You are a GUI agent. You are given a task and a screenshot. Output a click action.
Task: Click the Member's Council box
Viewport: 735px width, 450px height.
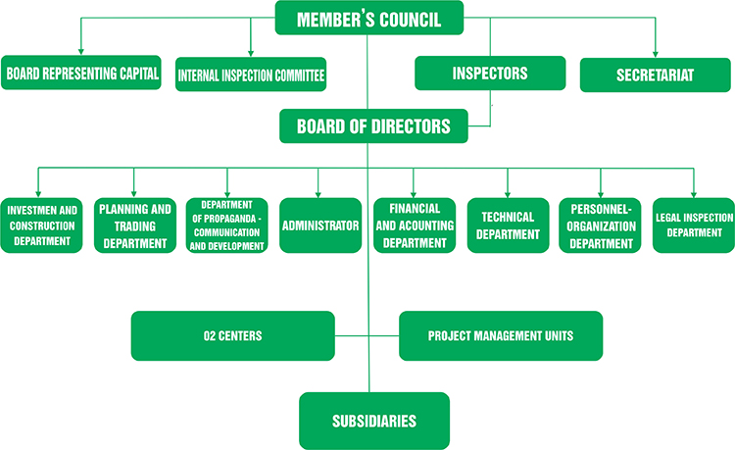368,19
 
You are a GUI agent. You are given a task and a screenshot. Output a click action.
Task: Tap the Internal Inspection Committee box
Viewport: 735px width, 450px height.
251,75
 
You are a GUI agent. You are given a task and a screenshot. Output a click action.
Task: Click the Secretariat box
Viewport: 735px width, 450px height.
655,75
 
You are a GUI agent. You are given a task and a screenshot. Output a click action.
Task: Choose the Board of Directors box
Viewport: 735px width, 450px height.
372,126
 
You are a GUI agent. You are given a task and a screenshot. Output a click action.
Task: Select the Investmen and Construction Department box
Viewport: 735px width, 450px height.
41,225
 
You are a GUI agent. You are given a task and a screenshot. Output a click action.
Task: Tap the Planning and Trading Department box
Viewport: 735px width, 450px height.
134,225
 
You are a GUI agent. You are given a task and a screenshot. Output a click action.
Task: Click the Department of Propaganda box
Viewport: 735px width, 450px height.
226,225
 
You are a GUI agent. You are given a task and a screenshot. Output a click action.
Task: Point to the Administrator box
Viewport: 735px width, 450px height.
319,225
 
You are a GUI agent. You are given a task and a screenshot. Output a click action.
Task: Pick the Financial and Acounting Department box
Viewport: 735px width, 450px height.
414,225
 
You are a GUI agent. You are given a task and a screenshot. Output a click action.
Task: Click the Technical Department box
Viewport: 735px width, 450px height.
508,225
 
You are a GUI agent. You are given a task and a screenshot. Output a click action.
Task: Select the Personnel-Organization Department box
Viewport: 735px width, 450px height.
601,225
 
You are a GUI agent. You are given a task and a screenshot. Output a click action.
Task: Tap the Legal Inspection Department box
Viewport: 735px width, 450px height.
694,225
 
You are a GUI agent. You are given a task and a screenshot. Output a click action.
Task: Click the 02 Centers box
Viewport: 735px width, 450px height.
232,336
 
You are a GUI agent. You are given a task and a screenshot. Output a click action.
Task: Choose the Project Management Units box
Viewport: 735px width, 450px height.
501,336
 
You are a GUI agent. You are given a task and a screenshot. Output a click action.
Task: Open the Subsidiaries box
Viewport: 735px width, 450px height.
373,421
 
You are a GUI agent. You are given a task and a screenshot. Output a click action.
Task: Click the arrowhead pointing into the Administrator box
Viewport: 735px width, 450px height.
319,192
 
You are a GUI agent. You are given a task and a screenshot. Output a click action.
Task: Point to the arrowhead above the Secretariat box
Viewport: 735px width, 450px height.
655,54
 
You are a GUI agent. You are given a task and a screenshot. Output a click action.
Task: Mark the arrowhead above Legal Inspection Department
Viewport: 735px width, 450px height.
694,192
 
